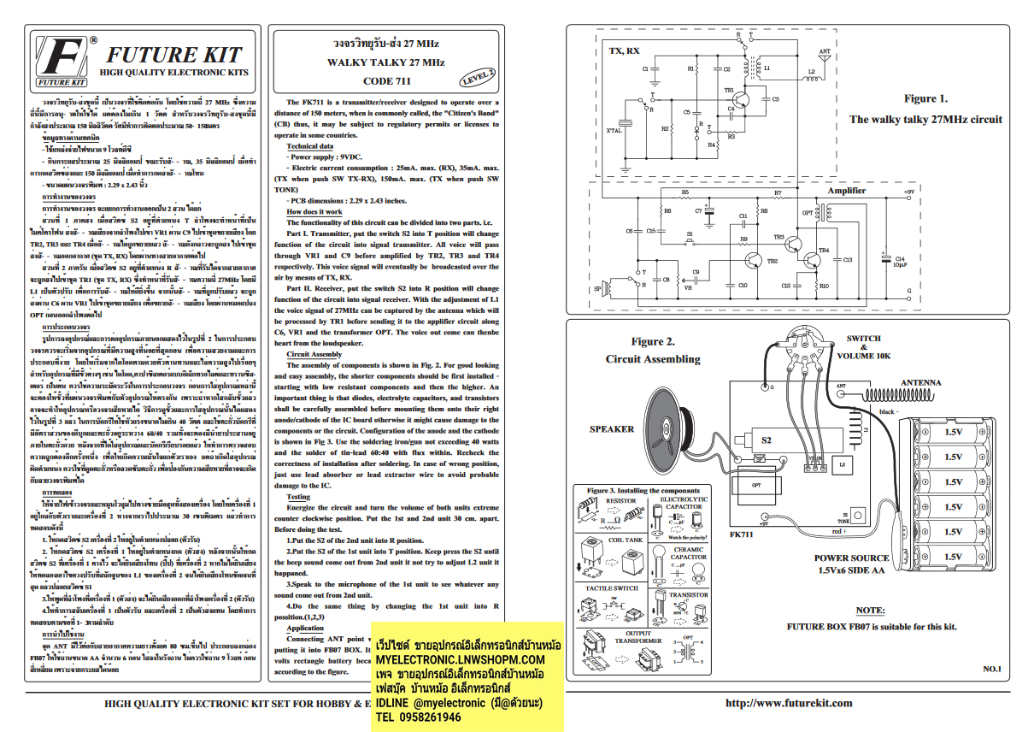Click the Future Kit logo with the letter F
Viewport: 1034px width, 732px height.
pyautogui.click(x=61, y=62)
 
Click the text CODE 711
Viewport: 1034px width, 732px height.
pyautogui.click(x=386, y=82)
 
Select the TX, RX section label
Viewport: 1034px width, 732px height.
pyautogui.click(x=625, y=50)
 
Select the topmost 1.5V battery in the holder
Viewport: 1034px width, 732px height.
pyautogui.click(x=953, y=433)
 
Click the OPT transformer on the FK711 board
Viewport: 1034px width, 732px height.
pyautogui.click(x=758, y=484)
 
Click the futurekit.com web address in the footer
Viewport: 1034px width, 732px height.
pyautogui.click(x=788, y=703)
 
